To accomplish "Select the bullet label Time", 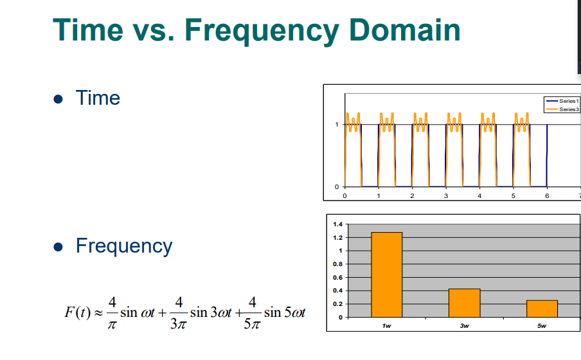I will point(98,98).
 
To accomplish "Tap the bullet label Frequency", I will point(124,246).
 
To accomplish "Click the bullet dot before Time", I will point(59,100).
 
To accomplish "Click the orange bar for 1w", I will point(386,274).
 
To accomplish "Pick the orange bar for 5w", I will point(542,309).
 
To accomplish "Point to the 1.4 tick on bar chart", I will point(338,224).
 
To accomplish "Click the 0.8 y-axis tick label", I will point(338,264).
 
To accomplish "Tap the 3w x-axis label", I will point(464,325).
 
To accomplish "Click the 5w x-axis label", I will point(542,325).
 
